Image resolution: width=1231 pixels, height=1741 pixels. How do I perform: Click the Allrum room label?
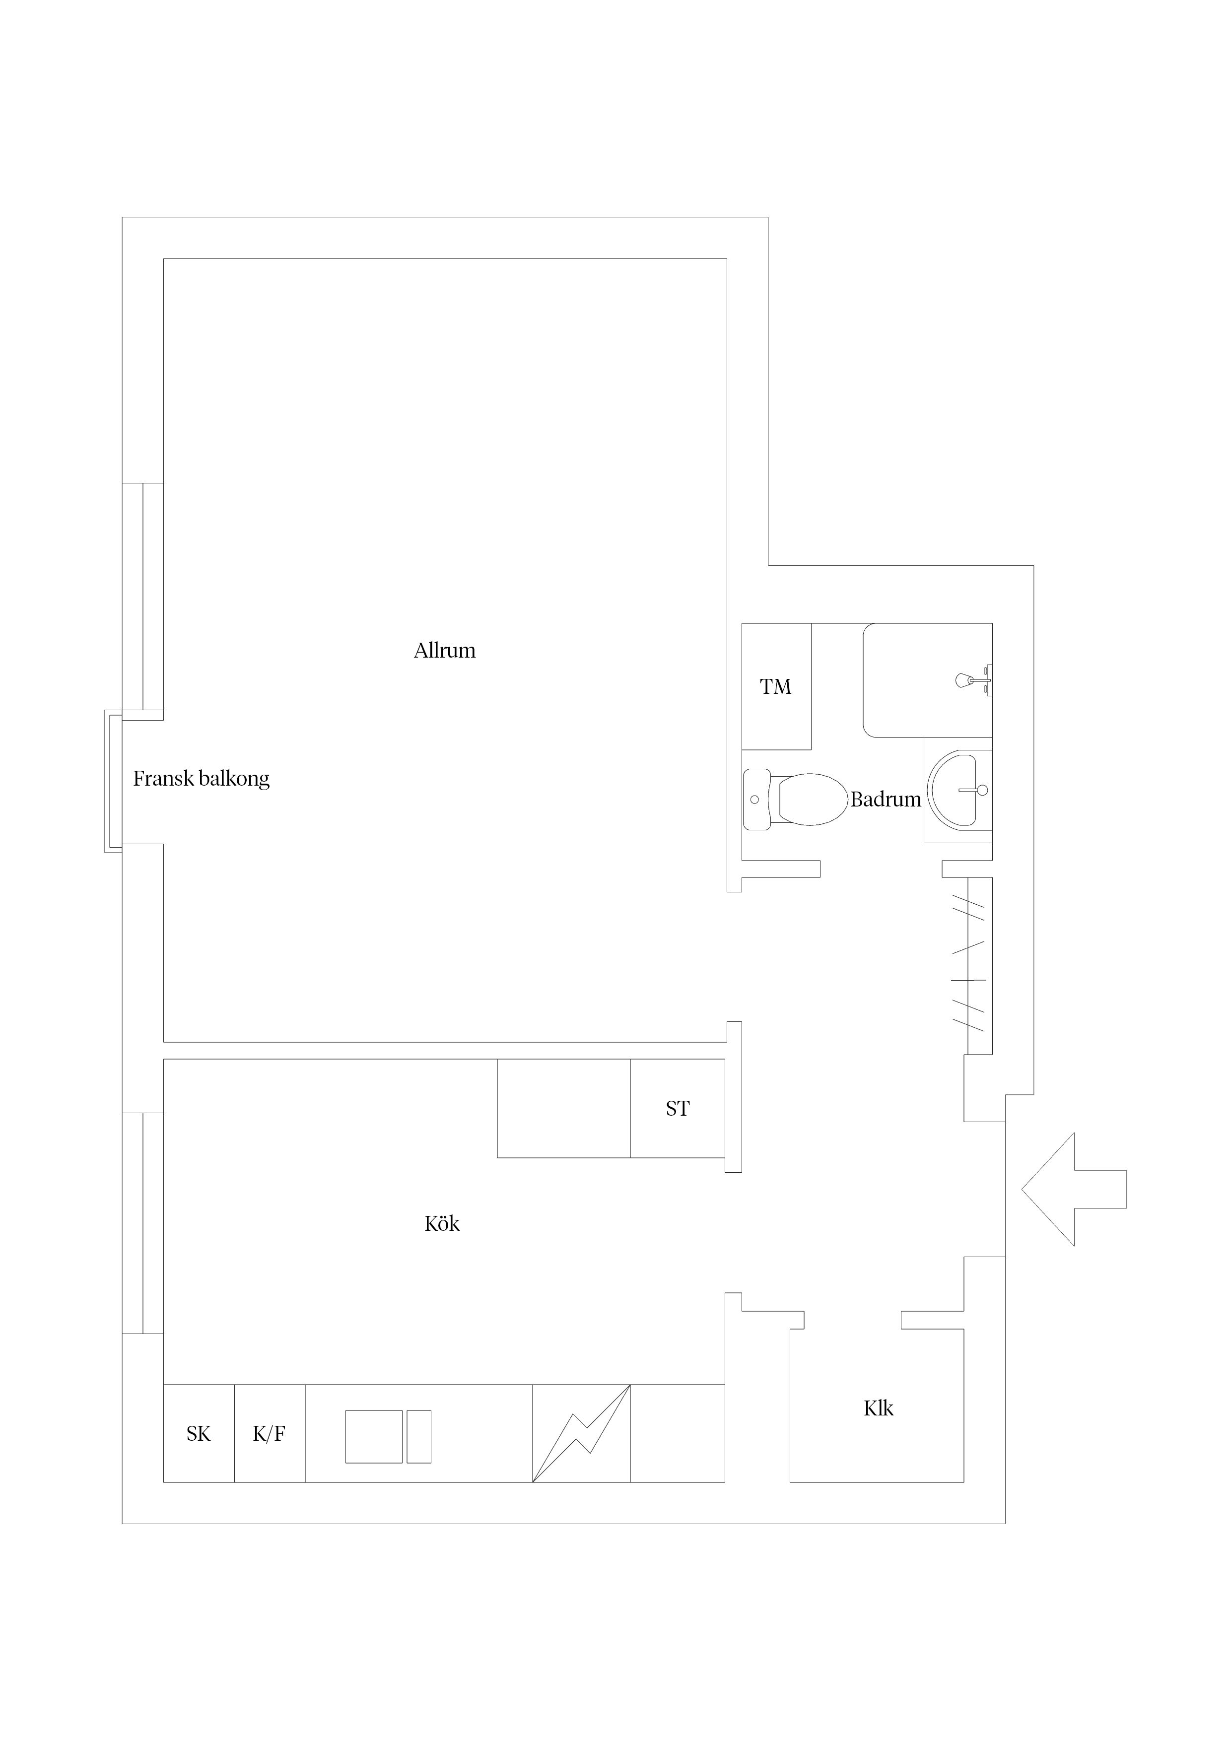tap(444, 651)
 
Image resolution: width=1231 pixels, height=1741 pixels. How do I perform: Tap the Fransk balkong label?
tap(201, 779)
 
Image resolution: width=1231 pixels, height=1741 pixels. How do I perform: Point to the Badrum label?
tap(885, 799)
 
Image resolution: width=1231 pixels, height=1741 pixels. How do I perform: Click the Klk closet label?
tap(878, 1408)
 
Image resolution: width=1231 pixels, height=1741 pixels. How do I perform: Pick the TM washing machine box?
tap(776, 686)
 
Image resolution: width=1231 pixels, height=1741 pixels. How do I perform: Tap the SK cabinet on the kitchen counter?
tap(199, 1433)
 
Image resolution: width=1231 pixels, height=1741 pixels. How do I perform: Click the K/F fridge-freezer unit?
tap(269, 1433)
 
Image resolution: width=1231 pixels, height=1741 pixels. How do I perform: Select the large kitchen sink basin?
tap(374, 1436)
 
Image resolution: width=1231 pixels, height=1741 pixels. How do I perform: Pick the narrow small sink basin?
tap(418, 1436)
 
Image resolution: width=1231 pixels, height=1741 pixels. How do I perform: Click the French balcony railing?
tap(112, 781)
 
